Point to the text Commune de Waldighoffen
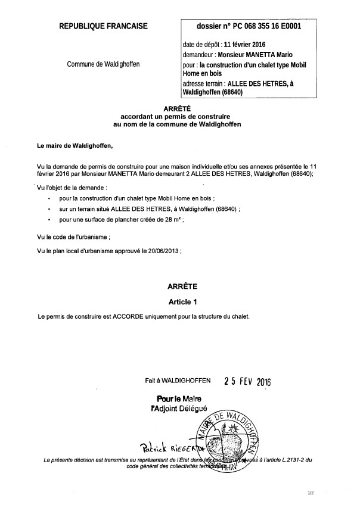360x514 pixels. pos(104,64)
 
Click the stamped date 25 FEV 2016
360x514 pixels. pos(247,381)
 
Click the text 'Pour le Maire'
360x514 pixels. pos(179,398)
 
